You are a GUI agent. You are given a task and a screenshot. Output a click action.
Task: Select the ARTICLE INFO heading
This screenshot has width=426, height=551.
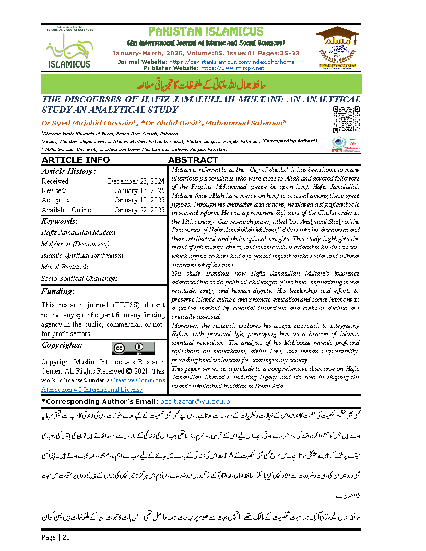click(76, 160)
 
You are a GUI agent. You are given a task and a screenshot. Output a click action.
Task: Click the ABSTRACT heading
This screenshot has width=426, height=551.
click(193, 160)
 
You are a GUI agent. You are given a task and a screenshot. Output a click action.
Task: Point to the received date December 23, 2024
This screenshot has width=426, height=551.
click(136, 181)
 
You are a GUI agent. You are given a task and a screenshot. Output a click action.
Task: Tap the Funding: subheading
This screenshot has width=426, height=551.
click(58, 291)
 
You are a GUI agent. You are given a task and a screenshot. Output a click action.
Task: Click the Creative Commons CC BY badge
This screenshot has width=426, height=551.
click(133, 349)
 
